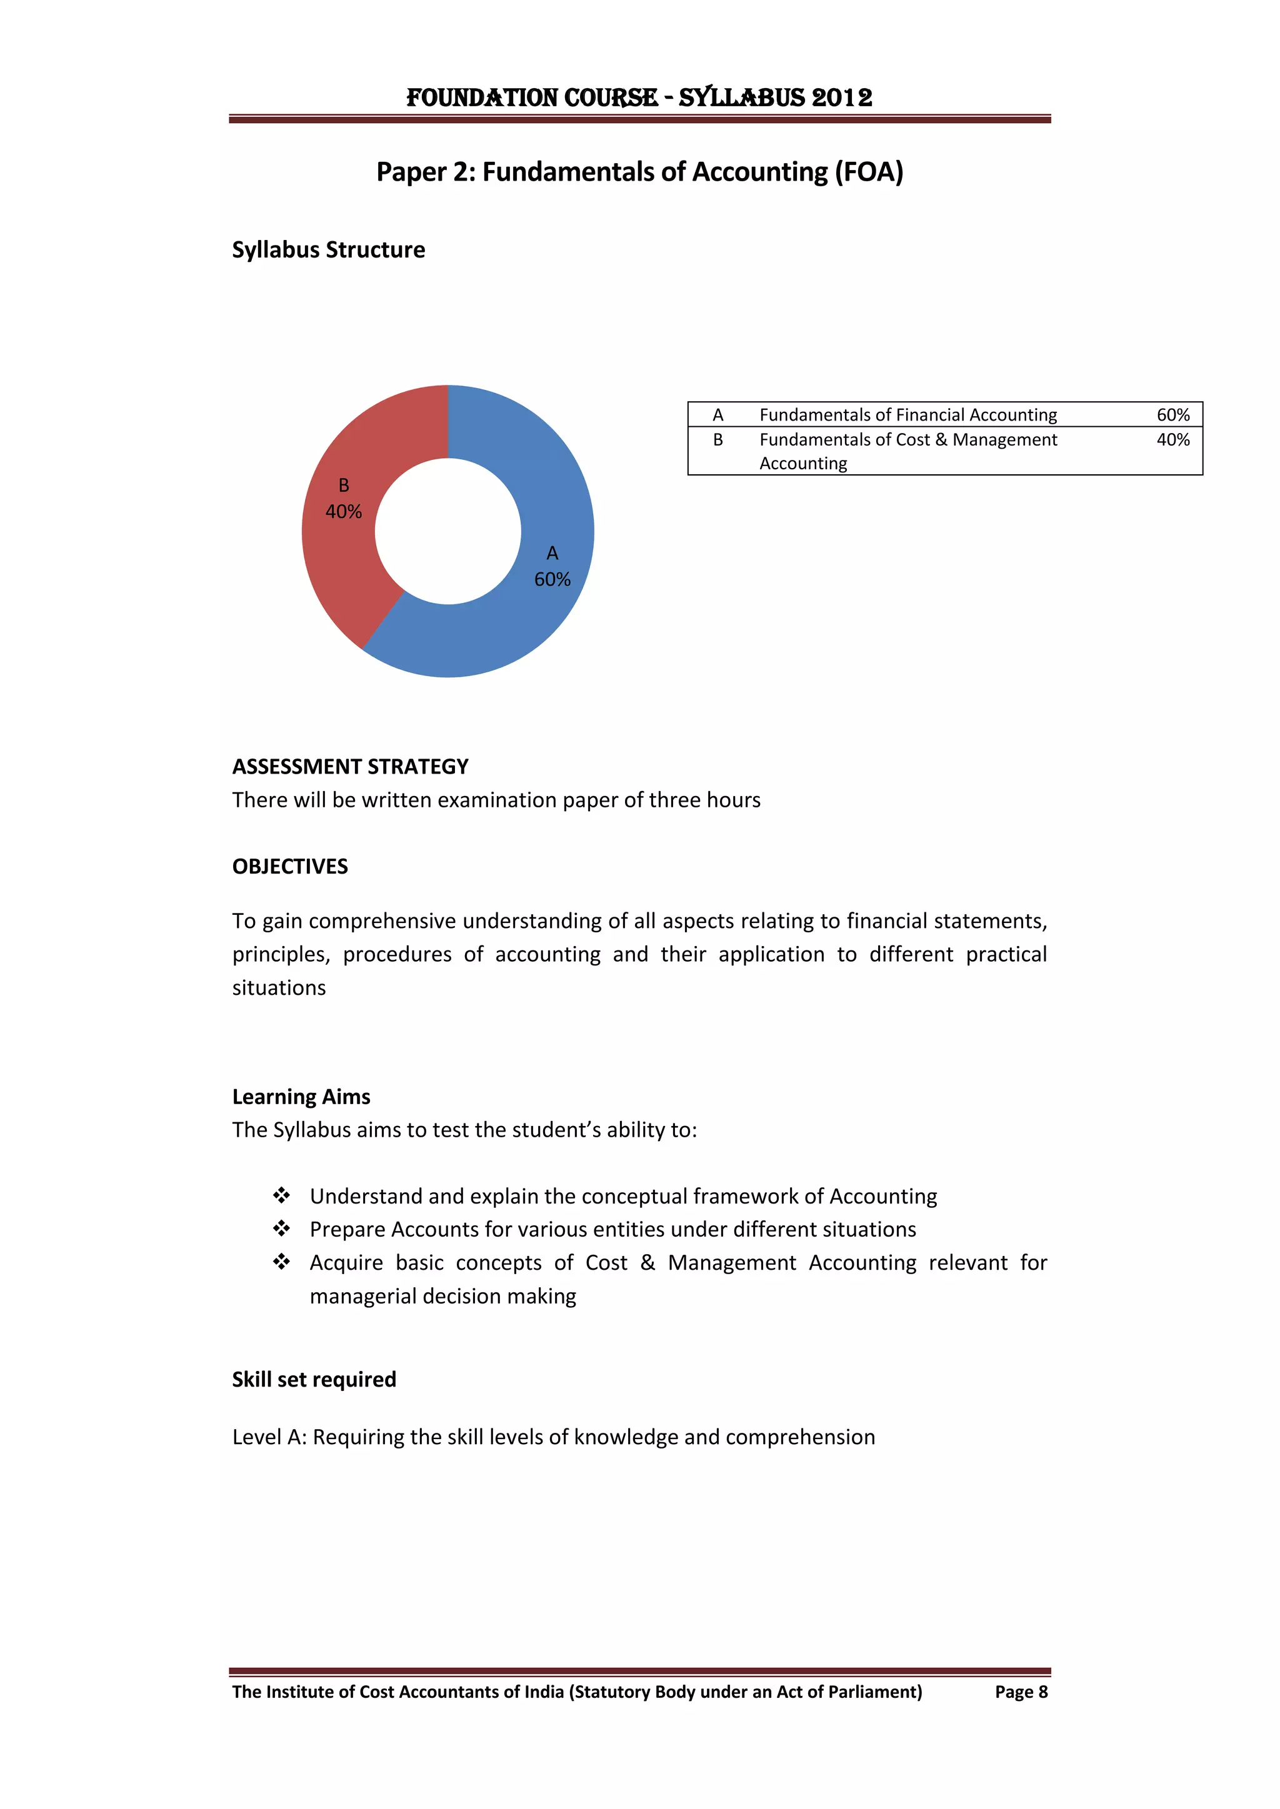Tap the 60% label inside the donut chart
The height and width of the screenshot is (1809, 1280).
(552, 579)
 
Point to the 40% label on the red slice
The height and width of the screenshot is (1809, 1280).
(344, 511)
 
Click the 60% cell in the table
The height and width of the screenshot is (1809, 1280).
(1172, 414)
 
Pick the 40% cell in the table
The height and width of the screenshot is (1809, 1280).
(1172, 440)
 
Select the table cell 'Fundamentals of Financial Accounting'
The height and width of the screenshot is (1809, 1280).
(908, 414)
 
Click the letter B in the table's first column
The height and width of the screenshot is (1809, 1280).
(718, 440)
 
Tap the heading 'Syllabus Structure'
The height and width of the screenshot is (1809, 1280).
(328, 250)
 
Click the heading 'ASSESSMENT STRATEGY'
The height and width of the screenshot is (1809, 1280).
(350, 767)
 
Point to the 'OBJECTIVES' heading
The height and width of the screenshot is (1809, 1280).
(289, 867)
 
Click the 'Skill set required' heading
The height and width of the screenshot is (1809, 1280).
(314, 1380)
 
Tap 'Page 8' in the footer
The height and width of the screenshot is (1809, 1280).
(1021, 1692)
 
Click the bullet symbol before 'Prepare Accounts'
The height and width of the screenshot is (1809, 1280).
(281, 1228)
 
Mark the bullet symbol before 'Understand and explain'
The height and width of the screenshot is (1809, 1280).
(281, 1195)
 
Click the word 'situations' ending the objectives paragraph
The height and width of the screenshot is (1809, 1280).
(278, 988)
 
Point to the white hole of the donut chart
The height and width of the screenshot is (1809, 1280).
(447, 531)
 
